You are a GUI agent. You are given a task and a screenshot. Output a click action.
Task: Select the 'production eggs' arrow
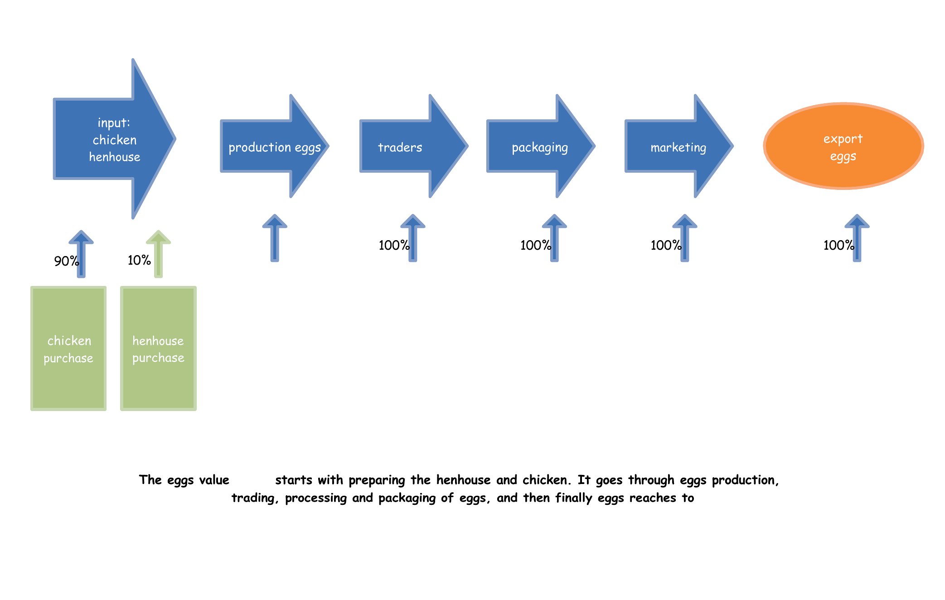pyautogui.click(x=274, y=146)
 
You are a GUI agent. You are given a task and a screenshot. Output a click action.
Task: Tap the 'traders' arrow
pyautogui.click(x=413, y=146)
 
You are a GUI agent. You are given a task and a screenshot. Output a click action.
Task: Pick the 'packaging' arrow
pyautogui.click(x=540, y=146)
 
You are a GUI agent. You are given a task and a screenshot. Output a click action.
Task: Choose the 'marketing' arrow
pyautogui.click(x=679, y=146)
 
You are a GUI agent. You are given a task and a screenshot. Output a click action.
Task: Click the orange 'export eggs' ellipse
pyautogui.click(x=843, y=146)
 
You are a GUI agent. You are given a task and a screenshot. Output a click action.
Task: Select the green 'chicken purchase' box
pyautogui.click(x=68, y=348)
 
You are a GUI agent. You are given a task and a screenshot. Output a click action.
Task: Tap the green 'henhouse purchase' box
pyautogui.click(x=158, y=348)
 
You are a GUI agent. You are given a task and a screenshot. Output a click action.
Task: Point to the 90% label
pyautogui.click(x=67, y=261)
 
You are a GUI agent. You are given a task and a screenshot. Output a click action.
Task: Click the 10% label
pyautogui.click(x=139, y=260)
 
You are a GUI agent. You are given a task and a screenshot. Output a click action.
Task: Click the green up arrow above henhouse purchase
pyautogui.click(x=158, y=254)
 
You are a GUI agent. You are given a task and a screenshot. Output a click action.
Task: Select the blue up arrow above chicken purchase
pyautogui.click(x=81, y=254)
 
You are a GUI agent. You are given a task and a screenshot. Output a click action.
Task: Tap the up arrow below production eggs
pyautogui.click(x=275, y=238)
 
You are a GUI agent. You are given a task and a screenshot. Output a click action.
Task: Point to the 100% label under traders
pyautogui.click(x=394, y=246)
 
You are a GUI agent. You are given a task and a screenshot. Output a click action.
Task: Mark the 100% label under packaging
pyautogui.click(x=536, y=246)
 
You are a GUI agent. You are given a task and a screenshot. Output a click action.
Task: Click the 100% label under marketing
pyautogui.click(x=666, y=246)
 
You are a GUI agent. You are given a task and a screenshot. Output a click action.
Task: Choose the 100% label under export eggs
pyautogui.click(x=839, y=246)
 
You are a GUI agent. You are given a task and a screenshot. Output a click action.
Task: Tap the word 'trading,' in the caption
pyautogui.click(x=255, y=498)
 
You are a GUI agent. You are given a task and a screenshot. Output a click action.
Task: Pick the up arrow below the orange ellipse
pyautogui.click(x=857, y=238)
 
